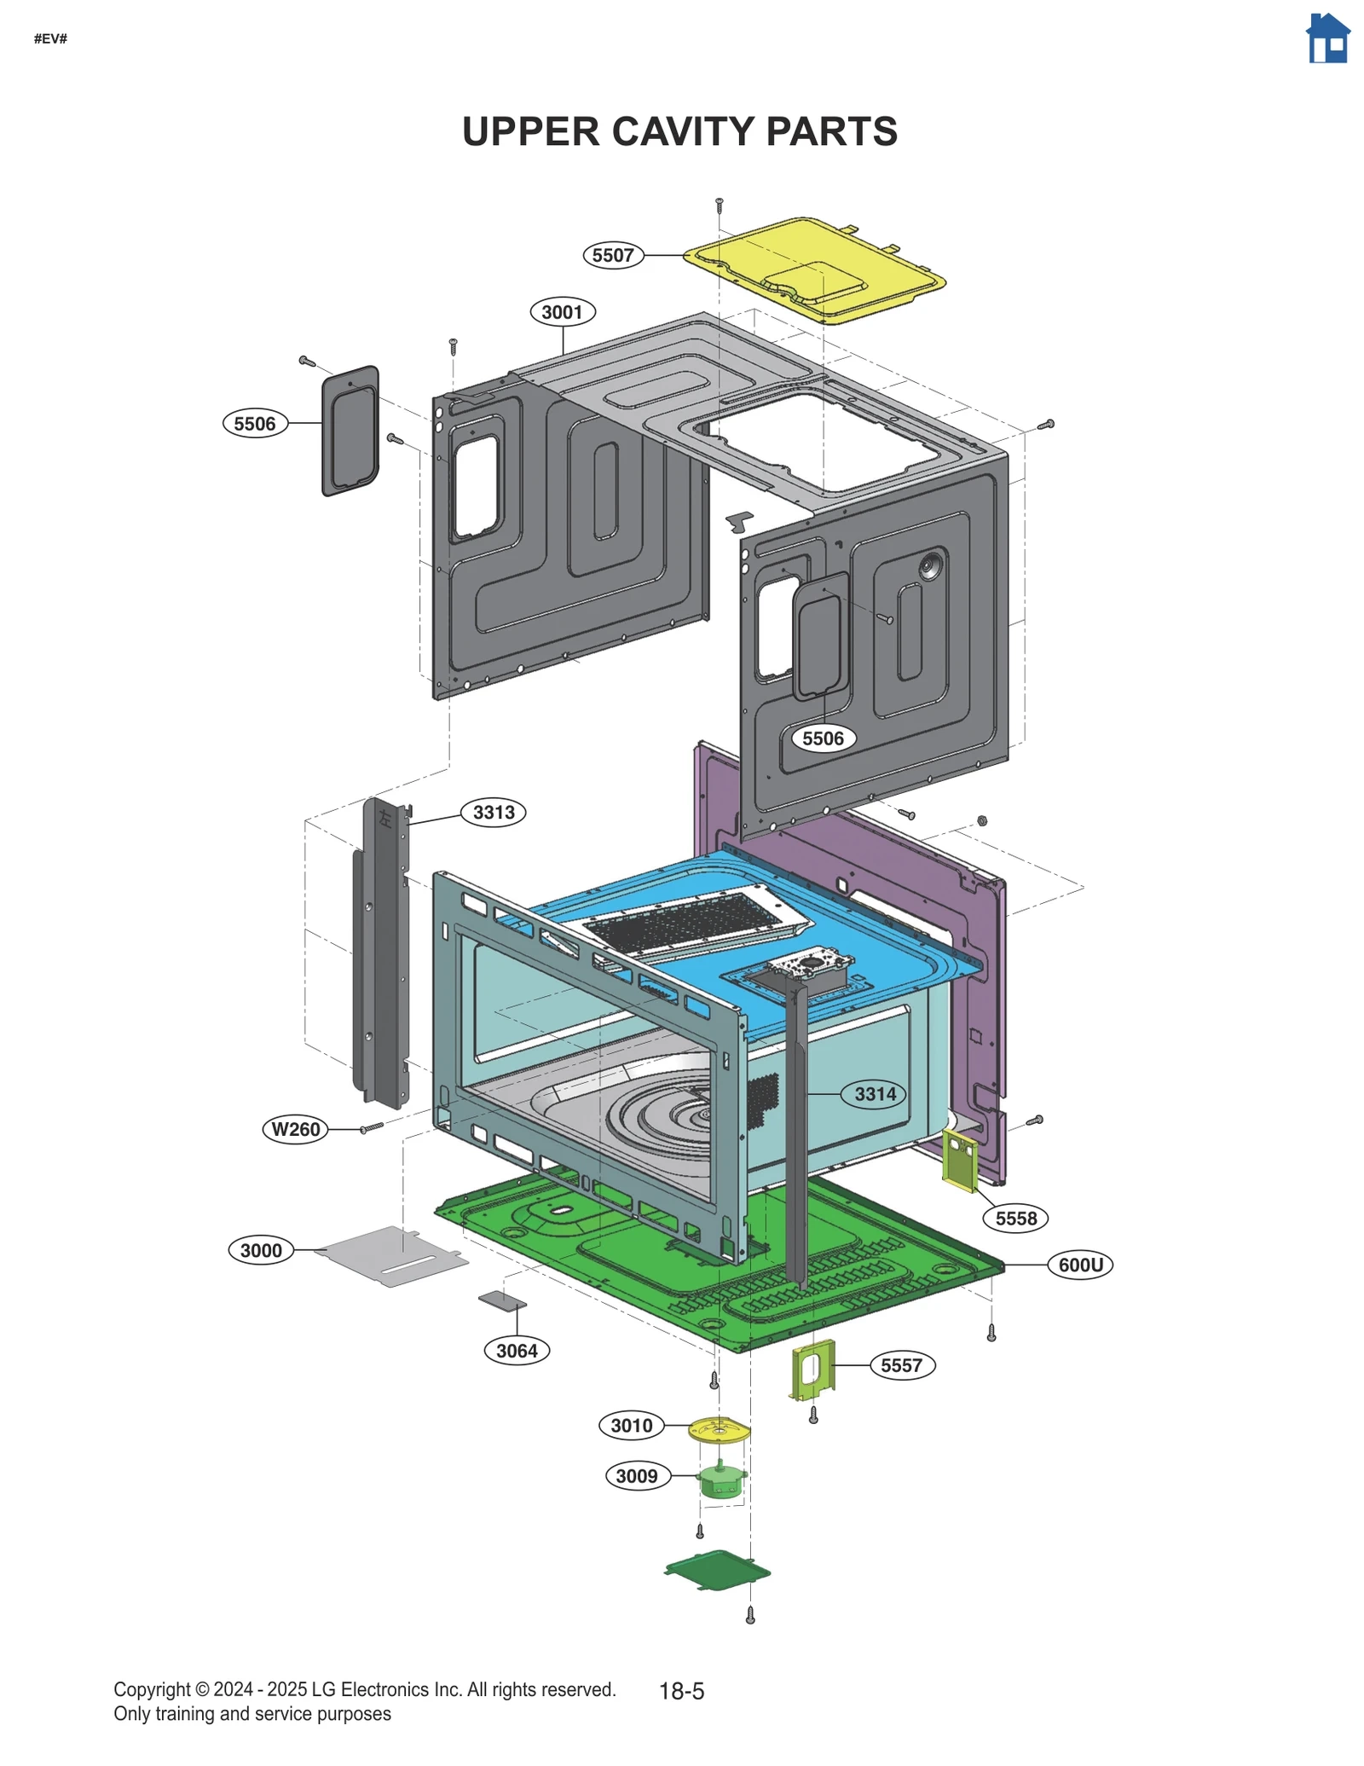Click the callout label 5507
click(613, 255)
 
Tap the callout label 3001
click(562, 312)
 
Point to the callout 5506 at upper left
click(255, 424)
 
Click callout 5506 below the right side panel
click(823, 738)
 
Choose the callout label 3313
click(494, 812)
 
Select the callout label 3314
click(876, 1094)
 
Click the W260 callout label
click(295, 1129)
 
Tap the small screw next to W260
click(372, 1127)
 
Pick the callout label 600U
click(1080, 1265)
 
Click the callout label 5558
click(1015, 1219)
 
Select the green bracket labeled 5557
click(813, 1369)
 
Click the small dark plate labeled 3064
click(502, 1301)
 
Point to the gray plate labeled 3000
click(390, 1256)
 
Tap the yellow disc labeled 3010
click(719, 1430)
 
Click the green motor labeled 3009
click(721, 1482)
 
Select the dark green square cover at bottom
click(718, 1570)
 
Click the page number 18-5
click(681, 1691)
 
